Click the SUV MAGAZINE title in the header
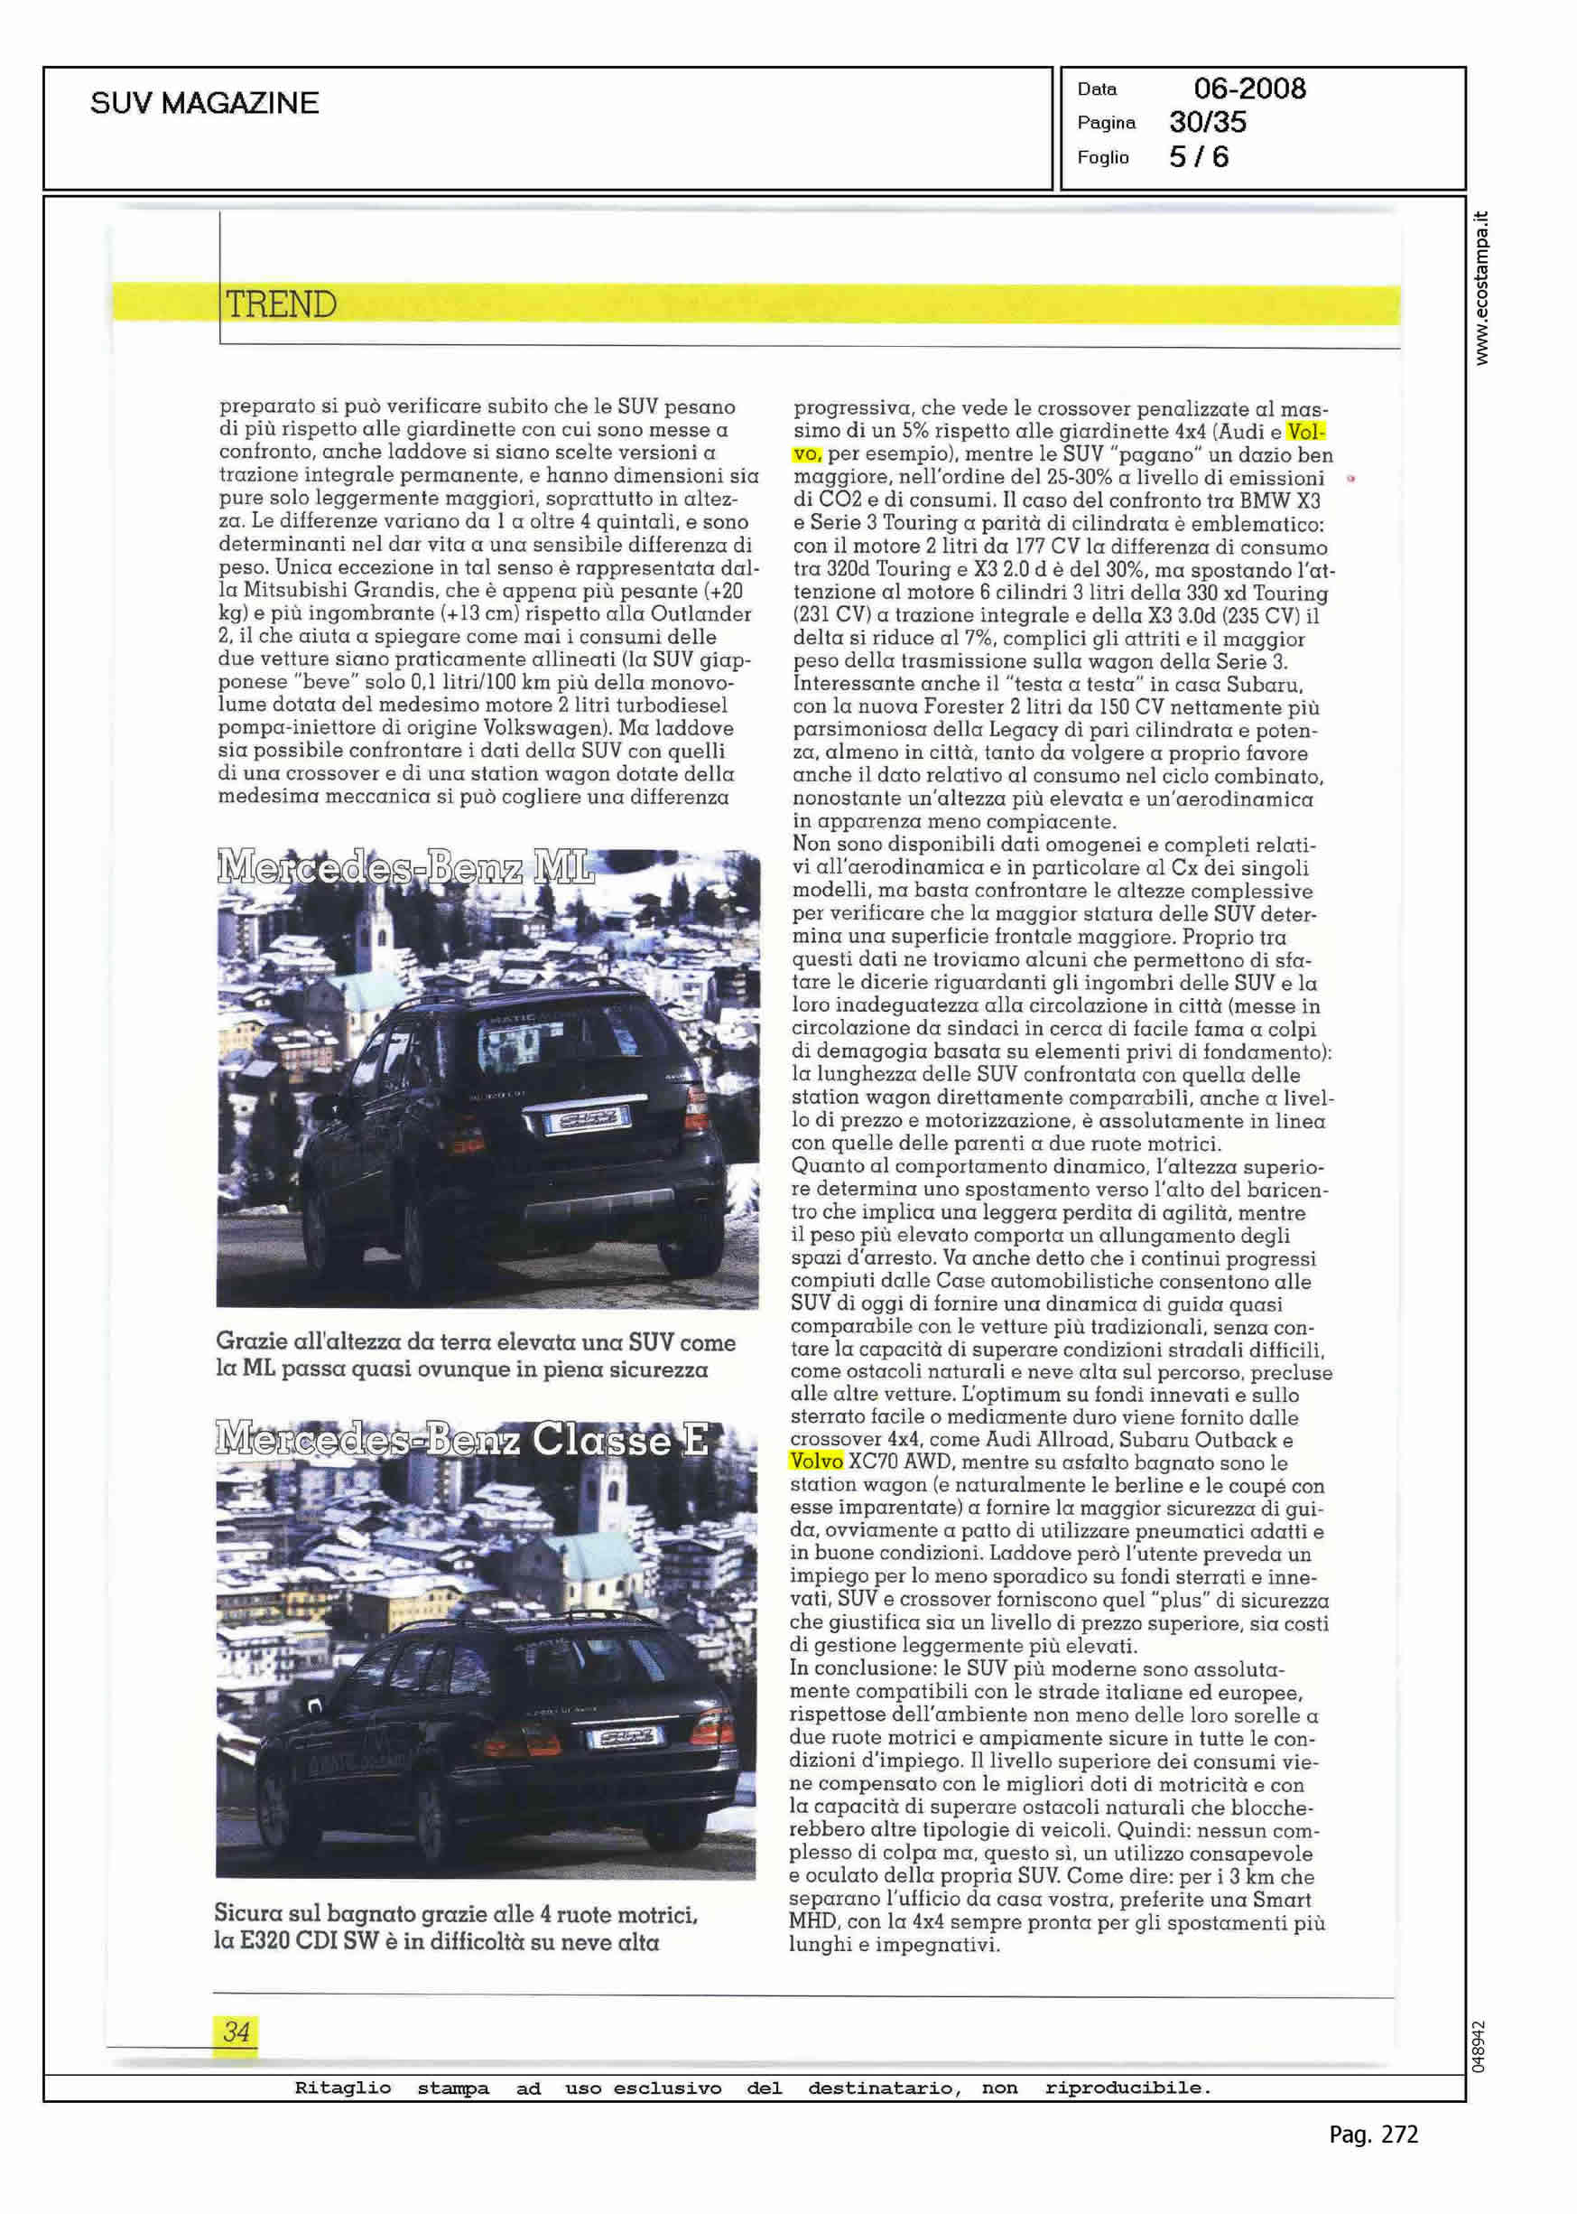coord(204,104)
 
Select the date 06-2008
coord(1248,89)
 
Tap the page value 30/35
coord(1207,123)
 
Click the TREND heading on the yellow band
coord(281,304)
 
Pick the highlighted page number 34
coord(236,2031)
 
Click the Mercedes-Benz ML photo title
coord(406,865)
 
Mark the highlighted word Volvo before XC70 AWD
coord(817,1462)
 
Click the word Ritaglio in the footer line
coord(343,2087)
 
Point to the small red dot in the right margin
coord(1351,478)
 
